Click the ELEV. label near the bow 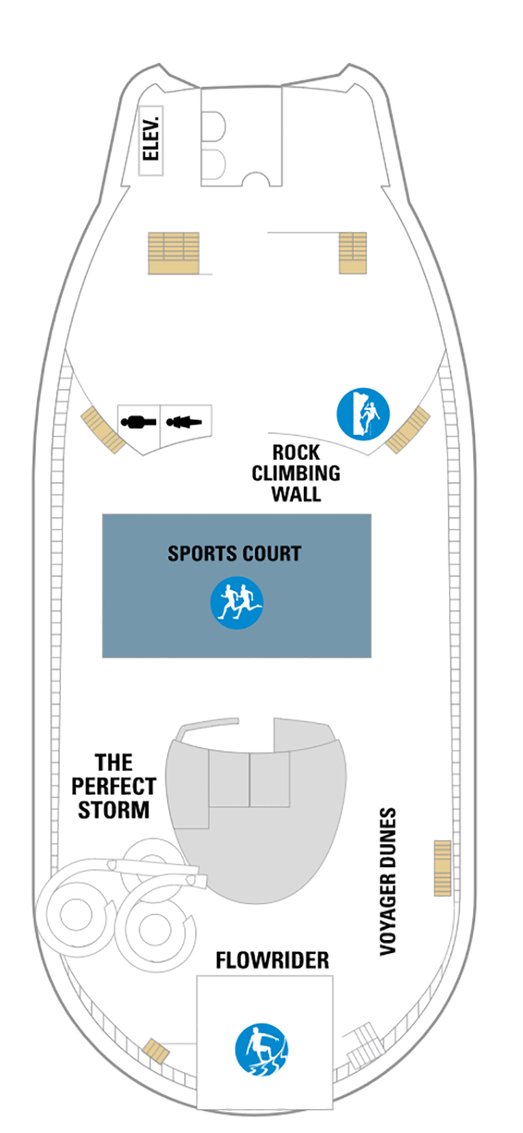[x=152, y=138]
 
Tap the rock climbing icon [x=363, y=413]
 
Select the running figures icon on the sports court [x=237, y=602]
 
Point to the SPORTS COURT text [x=235, y=553]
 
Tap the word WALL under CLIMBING [x=296, y=493]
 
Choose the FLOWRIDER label [x=272, y=960]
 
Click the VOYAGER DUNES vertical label [x=388, y=881]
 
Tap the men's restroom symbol [x=138, y=421]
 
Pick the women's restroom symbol [x=185, y=421]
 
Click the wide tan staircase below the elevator [x=173, y=253]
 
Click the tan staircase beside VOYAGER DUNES [x=442, y=868]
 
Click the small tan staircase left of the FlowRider [x=157, y=1050]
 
